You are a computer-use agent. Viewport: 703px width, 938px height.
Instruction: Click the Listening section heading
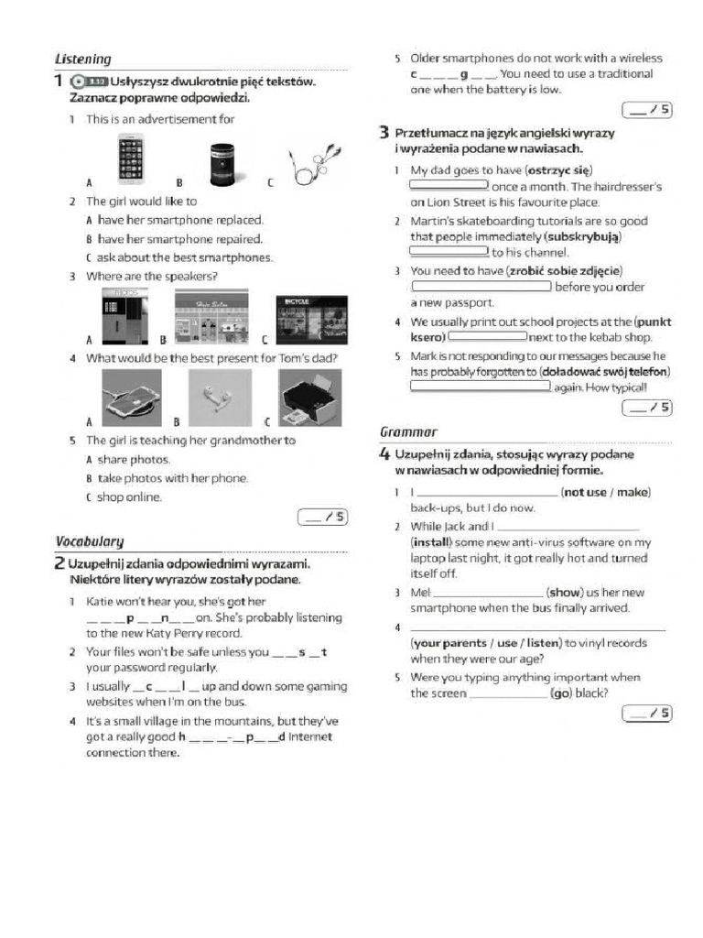point(83,60)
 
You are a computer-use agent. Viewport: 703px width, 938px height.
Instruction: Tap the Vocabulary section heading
point(89,541)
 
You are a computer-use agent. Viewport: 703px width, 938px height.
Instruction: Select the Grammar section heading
point(408,431)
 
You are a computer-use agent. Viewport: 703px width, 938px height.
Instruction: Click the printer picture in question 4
point(310,397)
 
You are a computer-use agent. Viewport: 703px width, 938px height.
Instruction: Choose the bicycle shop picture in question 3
point(310,319)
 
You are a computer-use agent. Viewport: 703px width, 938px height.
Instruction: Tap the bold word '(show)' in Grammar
point(564,593)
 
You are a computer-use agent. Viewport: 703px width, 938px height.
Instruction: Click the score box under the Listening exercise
point(323,518)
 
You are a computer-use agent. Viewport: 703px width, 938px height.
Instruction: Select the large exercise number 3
point(385,134)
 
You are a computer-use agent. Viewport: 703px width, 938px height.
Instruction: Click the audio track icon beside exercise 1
point(91,82)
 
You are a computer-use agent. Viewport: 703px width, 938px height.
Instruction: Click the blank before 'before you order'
point(481,287)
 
